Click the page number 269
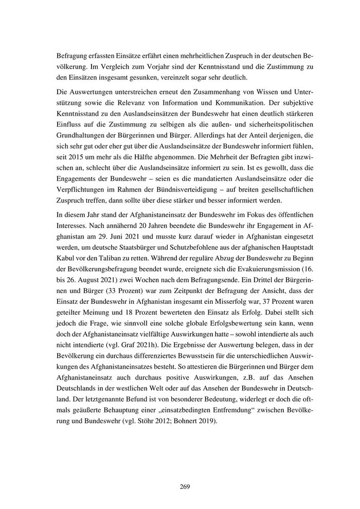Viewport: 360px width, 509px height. pyautogui.click(x=185, y=486)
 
